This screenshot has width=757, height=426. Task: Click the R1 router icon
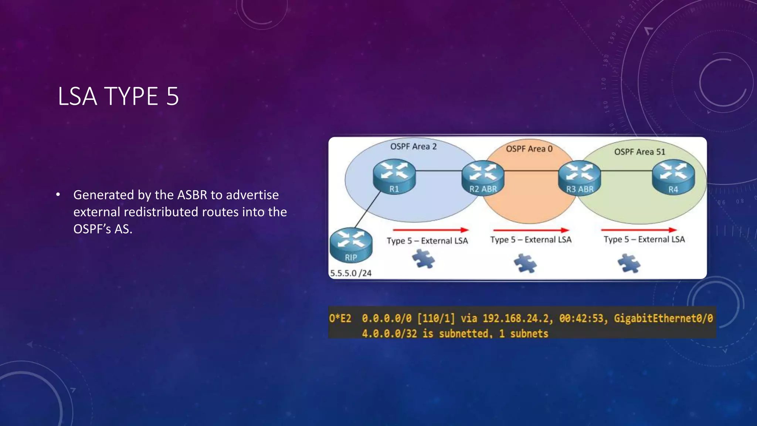click(394, 177)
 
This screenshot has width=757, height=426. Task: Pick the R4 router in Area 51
click(673, 177)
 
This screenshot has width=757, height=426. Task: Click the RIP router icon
click(351, 245)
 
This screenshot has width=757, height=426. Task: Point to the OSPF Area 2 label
click(413, 146)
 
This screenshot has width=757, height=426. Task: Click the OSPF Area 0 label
click(529, 149)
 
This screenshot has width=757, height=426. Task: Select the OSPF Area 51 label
click(639, 152)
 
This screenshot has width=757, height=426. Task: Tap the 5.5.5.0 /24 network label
click(350, 273)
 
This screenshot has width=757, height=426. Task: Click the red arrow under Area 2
click(431, 230)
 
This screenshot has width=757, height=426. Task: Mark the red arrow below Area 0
click(531, 230)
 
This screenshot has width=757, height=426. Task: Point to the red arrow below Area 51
click(639, 230)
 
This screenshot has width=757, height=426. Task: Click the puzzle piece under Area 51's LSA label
click(629, 264)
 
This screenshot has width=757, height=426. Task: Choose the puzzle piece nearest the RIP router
click(424, 258)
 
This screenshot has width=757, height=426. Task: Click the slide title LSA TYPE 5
click(118, 96)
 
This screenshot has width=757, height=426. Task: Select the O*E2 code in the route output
click(340, 318)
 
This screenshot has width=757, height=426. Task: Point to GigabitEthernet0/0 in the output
click(663, 318)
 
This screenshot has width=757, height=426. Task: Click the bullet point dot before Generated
click(58, 195)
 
